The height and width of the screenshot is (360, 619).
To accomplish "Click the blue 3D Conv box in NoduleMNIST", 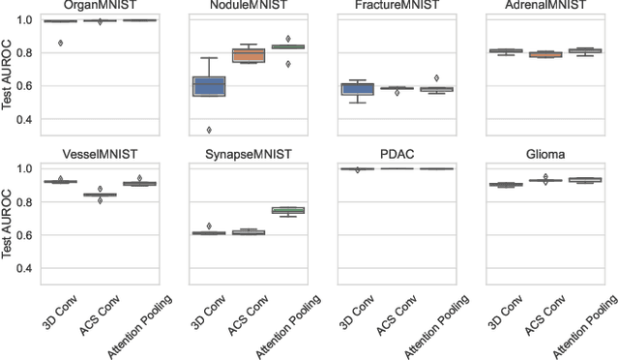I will tap(209, 86).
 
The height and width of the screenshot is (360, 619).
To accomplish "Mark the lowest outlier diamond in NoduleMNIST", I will tap(209, 130).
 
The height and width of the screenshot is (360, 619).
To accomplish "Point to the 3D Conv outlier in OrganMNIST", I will tap(62, 43).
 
